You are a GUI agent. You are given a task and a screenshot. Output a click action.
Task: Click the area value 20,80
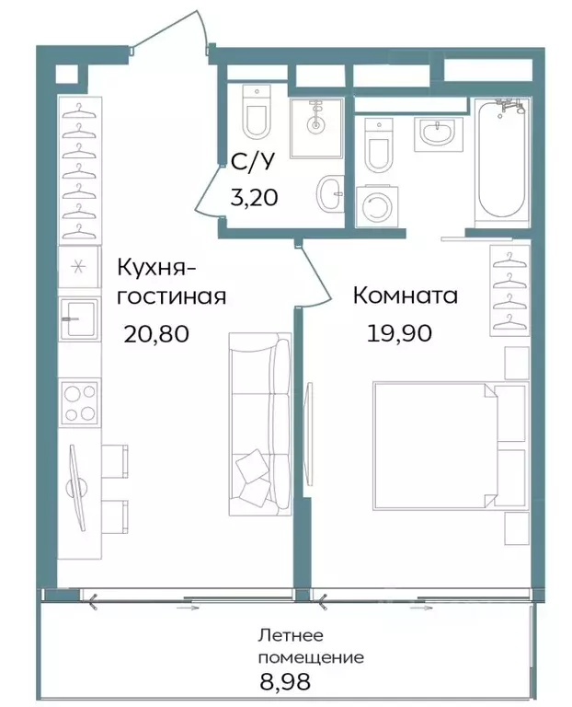[156, 333]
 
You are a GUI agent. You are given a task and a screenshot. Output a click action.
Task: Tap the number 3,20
[252, 196]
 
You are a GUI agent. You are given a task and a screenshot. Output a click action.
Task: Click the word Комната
[406, 296]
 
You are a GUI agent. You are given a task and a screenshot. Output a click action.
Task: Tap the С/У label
[252, 164]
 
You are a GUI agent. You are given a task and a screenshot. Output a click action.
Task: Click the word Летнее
[292, 636]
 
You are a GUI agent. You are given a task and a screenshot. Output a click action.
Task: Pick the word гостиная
[171, 296]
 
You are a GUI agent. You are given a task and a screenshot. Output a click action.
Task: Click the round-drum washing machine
[377, 208]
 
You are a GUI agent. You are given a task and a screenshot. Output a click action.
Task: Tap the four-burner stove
[80, 401]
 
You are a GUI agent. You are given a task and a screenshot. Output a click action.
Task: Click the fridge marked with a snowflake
[80, 268]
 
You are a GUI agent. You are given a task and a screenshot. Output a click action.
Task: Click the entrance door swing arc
[170, 28]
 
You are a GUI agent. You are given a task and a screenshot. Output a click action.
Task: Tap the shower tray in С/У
[315, 125]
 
